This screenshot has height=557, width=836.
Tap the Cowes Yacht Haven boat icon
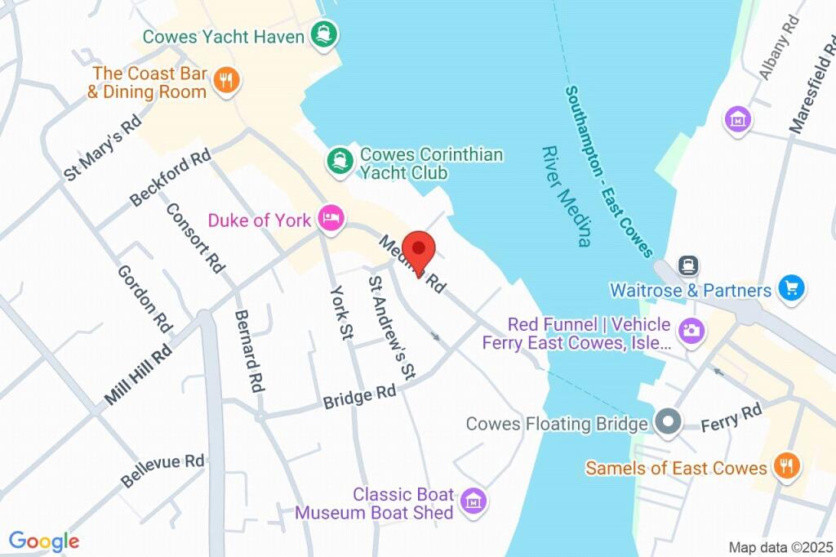327,35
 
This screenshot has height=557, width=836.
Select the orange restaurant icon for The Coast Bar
226,80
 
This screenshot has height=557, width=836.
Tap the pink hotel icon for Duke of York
331,219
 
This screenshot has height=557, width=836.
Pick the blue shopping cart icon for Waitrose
791,287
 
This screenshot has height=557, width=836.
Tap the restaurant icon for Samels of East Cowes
787,466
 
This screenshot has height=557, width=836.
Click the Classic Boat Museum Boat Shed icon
472,501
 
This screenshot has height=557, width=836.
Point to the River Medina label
565,196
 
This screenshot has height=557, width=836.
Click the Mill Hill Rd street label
138,374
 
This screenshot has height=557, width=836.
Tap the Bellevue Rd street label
162,470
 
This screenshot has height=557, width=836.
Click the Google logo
44,541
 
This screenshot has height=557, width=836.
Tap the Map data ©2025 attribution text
780,547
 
